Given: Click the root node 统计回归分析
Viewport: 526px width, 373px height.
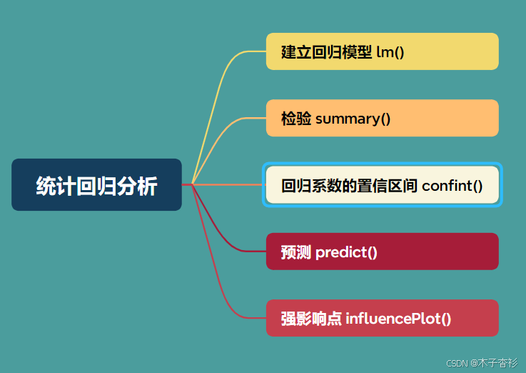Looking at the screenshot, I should [96, 185].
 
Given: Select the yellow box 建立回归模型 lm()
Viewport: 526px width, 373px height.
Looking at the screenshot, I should [382, 51].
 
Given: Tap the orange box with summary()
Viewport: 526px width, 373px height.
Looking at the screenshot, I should [382, 119].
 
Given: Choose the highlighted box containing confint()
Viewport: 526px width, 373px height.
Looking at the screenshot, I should [382, 185].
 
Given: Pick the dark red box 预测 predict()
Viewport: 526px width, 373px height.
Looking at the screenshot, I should [382, 252].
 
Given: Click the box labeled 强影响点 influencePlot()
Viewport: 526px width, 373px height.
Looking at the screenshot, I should [382, 319].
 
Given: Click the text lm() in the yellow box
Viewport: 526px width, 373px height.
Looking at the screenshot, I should [390, 52].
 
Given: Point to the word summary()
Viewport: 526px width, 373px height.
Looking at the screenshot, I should [353, 119].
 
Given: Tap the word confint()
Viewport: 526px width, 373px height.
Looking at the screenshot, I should [452, 186].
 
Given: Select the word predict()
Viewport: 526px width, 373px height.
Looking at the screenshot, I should [346, 252].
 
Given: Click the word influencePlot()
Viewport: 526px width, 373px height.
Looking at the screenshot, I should [398, 319].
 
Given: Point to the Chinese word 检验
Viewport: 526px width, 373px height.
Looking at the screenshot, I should [296, 119].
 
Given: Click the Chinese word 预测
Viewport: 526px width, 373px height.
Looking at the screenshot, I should [296, 252].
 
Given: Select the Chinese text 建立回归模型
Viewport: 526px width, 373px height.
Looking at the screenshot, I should [326, 52].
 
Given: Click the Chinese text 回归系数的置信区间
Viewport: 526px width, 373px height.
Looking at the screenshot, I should [349, 186].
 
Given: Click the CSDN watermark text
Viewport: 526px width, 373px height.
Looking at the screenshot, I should [457, 363].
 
